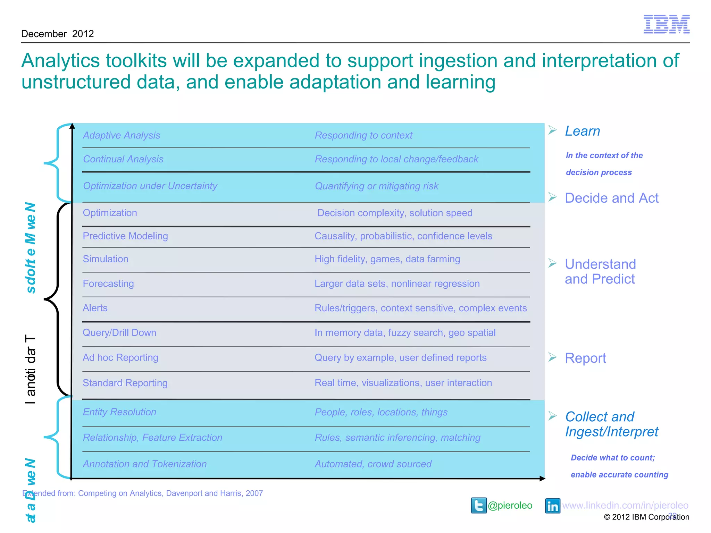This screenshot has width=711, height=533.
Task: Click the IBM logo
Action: (x=666, y=24)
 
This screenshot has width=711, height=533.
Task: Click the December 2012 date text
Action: (x=58, y=34)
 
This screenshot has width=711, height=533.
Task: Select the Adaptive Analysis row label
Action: (x=122, y=135)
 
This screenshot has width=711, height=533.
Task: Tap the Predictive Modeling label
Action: (x=125, y=236)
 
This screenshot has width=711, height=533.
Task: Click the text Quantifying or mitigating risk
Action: (x=376, y=186)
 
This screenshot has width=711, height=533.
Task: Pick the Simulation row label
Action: (x=106, y=259)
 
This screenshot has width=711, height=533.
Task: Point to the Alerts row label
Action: (x=95, y=308)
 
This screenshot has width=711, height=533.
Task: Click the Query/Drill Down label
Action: (x=119, y=333)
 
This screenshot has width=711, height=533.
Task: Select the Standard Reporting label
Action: (x=125, y=383)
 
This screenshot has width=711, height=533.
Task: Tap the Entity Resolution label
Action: (x=119, y=412)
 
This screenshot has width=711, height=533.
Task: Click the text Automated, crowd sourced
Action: (x=373, y=464)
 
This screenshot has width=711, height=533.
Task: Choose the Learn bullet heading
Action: (x=582, y=131)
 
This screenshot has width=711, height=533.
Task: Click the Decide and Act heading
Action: (x=611, y=198)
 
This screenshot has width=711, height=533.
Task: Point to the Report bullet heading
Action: (x=585, y=358)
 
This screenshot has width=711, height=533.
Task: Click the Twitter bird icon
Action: (x=479, y=505)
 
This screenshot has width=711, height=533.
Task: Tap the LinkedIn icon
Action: (x=552, y=506)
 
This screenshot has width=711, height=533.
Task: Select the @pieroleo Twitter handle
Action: (x=510, y=506)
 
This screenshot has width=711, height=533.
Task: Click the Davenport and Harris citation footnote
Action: (x=142, y=493)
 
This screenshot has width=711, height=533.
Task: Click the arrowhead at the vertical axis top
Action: (x=72, y=126)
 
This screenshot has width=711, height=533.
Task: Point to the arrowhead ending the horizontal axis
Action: (x=542, y=479)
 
